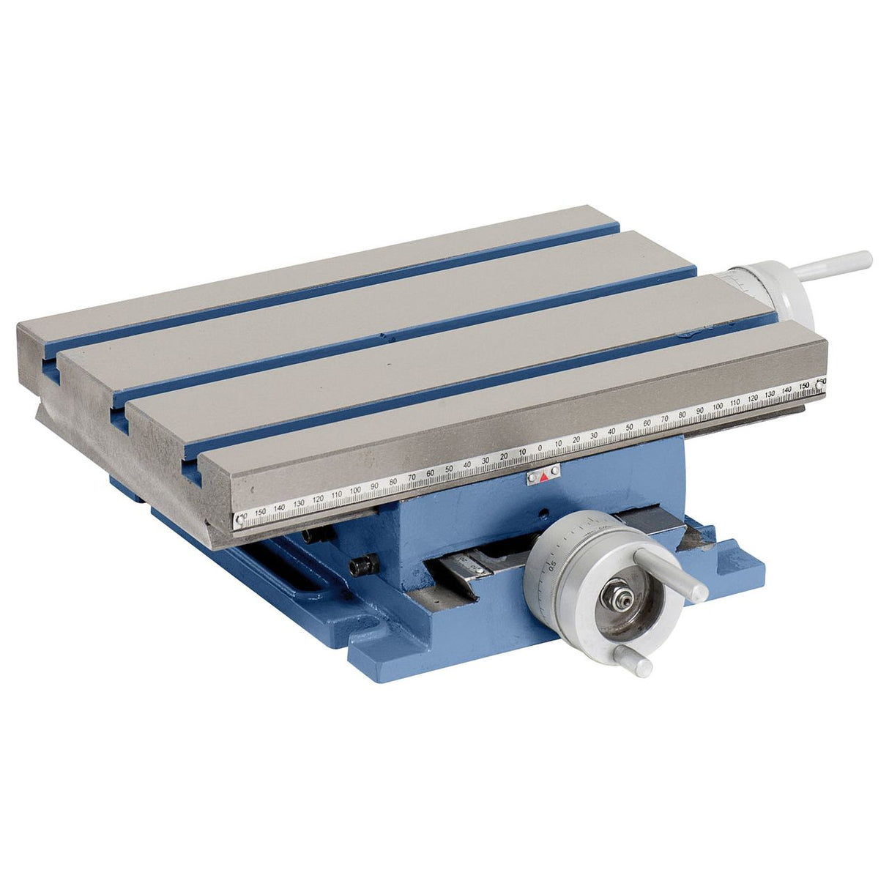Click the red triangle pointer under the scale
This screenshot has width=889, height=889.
543,477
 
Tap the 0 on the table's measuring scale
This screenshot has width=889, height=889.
540,447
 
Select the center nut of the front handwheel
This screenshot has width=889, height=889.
611,594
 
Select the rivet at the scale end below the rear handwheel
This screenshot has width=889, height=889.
819,383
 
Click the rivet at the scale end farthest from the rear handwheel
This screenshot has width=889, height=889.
239,520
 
